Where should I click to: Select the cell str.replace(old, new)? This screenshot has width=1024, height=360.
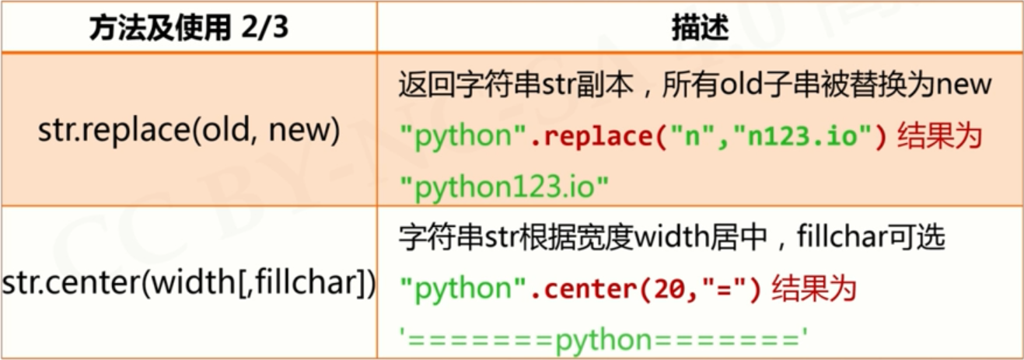pyautogui.click(x=189, y=131)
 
